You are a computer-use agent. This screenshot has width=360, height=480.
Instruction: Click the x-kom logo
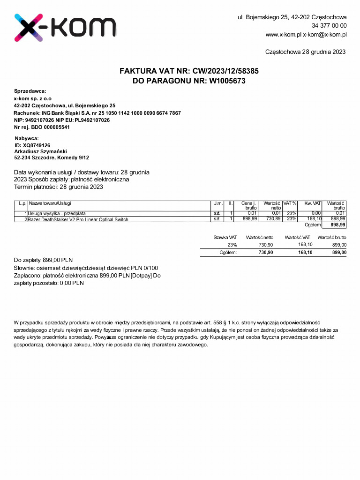click(65, 28)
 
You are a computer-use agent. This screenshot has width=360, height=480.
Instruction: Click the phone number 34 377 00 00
click(329, 26)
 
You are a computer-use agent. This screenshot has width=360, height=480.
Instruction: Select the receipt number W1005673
click(227, 81)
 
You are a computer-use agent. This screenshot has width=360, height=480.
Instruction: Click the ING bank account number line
click(97, 113)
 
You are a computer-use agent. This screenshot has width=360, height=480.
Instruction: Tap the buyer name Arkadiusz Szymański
click(41, 151)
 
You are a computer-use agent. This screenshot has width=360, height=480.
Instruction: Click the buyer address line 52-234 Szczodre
click(52, 158)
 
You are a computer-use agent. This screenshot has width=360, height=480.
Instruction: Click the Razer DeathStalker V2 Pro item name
click(78, 219)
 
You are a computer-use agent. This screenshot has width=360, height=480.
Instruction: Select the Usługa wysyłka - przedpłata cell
click(57, 214)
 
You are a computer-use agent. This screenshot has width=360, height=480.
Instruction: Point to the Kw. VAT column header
click(312, 203)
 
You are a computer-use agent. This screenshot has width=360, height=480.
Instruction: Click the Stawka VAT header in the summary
click(225, 238)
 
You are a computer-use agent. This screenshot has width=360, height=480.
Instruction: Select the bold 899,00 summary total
click(339, 253)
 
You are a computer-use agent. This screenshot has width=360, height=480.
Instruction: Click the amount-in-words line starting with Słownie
click(82, 268)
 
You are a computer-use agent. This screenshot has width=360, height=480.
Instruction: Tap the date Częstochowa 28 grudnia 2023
click(305, 52)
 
